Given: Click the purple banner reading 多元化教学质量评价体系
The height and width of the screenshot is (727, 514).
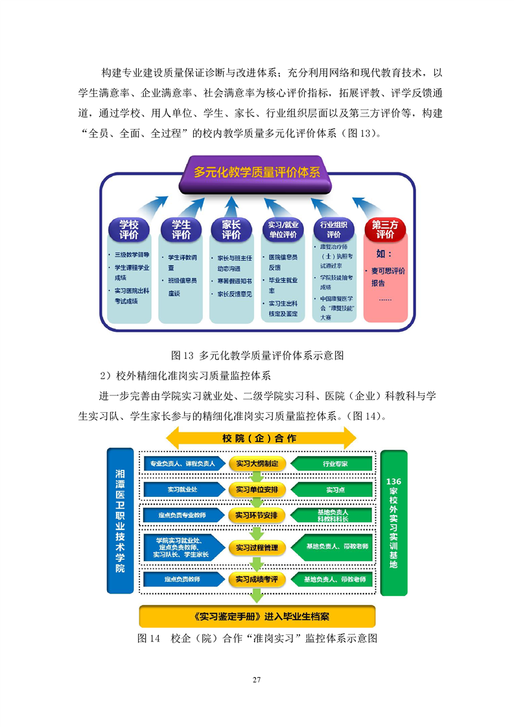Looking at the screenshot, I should coord(257,173).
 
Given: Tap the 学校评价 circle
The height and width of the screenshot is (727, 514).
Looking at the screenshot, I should coord(128,230).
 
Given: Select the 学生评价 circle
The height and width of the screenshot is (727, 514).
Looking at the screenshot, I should coord(181,230).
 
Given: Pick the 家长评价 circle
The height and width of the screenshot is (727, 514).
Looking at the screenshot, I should coord(231,230).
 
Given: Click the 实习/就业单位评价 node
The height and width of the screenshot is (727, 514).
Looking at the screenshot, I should coord(282,230).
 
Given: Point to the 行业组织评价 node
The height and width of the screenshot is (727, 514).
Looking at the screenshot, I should coord(334,230).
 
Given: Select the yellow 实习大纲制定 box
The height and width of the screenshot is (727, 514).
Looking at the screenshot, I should coord(257,464).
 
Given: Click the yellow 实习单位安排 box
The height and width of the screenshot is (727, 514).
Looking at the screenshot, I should coord(257,489).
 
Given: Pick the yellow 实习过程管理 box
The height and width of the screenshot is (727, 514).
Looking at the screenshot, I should coord(257,548).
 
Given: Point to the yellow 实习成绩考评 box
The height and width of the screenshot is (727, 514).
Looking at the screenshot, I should coord(257,579).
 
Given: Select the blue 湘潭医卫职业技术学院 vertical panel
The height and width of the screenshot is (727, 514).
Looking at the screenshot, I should coord(120,521).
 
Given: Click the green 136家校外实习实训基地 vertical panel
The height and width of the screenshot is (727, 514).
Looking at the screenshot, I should coord(393,522).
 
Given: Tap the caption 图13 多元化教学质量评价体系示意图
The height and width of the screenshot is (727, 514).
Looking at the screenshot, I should coord(257,355).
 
